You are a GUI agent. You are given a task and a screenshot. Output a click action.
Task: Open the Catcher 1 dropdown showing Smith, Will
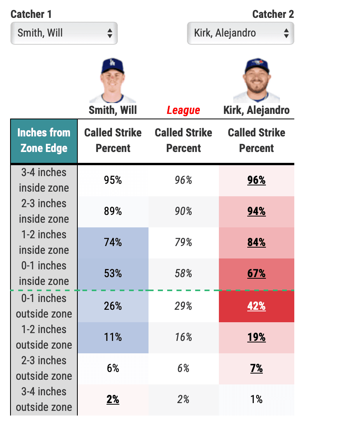point(64,33)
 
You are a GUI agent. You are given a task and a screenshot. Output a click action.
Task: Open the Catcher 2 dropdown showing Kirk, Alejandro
point(240,33)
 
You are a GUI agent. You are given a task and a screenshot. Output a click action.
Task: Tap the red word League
point(183,110)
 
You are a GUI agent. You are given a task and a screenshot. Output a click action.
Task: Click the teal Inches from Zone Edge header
point(44,141)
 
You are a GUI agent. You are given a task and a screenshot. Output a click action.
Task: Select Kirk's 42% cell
point(257,306)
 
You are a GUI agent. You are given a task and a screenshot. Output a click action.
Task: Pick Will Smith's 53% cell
point(113,274)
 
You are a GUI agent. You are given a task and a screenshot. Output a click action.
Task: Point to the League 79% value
point(183,243)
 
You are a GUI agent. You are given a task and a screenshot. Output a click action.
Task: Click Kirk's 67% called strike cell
point(257,274)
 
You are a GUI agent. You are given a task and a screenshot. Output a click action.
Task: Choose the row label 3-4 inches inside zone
point(44,180)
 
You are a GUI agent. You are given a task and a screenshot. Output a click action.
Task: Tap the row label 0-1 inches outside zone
point(44,306)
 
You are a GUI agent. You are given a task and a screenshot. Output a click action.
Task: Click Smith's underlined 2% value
point(113,400)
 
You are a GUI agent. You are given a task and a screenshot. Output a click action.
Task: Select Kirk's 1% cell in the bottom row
point(257,400)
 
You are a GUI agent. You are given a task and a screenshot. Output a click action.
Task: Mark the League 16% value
point(183,337)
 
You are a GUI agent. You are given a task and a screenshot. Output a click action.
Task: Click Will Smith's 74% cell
point(113,243)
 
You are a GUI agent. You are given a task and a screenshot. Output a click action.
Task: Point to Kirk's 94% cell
point(257,211)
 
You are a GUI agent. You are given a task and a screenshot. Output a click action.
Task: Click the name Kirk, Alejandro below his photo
point(256,110)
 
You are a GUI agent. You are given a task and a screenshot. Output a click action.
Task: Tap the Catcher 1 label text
point(31,14)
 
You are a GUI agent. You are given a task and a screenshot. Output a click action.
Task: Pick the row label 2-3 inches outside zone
point(44,368)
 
